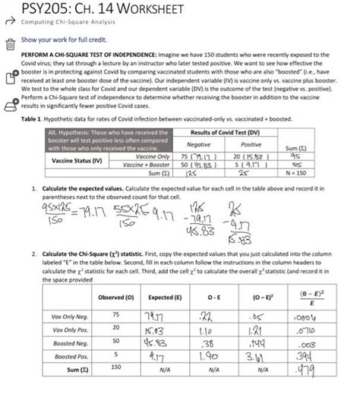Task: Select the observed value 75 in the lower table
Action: pos(116,314)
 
